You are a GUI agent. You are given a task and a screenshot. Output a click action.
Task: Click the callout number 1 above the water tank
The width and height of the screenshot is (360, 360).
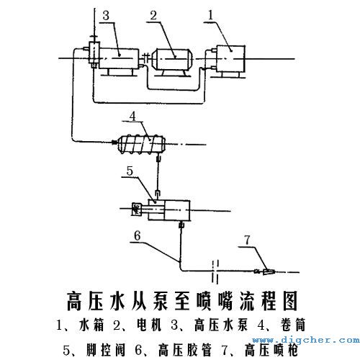[210, 13]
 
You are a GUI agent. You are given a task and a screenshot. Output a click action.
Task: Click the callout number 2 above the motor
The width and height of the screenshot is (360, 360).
[153, 14]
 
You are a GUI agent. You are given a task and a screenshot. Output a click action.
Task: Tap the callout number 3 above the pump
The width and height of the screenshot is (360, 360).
[105, 14]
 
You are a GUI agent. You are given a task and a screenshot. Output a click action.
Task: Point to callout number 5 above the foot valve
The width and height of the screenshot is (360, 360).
[129, 171]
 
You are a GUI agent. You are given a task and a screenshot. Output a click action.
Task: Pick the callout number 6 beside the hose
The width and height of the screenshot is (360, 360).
[136, 235]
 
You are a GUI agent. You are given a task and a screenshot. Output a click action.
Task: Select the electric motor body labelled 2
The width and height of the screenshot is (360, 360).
[172, 57]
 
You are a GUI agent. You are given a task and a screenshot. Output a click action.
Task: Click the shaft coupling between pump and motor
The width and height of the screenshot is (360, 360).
[145, 57]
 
